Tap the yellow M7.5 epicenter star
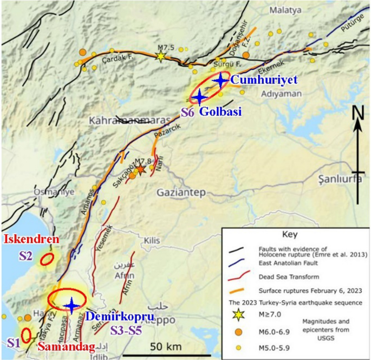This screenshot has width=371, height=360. coord(160,56)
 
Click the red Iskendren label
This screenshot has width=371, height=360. coord(29,240)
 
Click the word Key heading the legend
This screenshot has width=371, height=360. coord(291,236)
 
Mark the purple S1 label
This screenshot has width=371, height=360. coord(13,342)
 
